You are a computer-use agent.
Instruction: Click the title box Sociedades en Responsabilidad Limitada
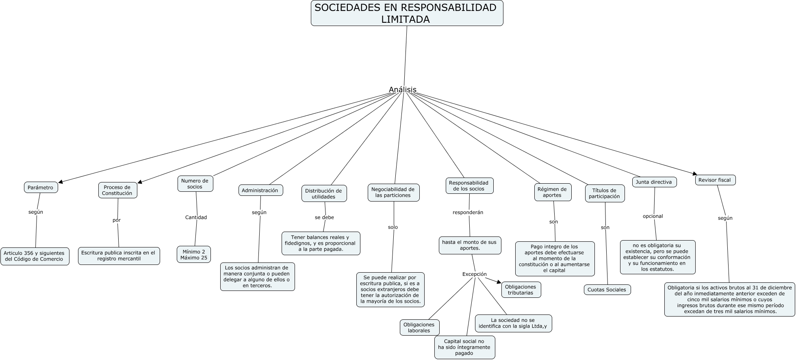point(407,13)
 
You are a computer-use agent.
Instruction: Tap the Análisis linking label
point(402,90)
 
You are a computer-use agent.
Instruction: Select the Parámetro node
point(41,187)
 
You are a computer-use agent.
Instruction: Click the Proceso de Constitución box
point(117,190)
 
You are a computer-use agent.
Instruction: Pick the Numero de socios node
point(195,184)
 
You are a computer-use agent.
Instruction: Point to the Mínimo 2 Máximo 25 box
point(194,254)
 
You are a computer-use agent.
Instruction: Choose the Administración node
point(260,190)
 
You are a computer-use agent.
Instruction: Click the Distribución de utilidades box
point(324,193)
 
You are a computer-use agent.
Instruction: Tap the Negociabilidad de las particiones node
point(393,192)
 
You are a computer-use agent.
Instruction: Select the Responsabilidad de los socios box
point(469,186)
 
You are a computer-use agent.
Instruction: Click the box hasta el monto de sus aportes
point(470,245)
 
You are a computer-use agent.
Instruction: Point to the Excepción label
point(474,274)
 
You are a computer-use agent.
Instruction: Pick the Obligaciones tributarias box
point(521,290)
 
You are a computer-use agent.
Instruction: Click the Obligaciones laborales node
point(419,327)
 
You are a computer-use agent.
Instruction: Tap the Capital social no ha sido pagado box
point(464,347)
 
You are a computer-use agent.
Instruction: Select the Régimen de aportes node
point(552,192)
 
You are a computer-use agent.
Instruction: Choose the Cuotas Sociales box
point(607,290)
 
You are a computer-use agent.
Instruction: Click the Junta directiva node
point(654,182)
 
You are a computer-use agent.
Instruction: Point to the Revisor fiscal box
point(715,180)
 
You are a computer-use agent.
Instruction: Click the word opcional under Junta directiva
point(653,216)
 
